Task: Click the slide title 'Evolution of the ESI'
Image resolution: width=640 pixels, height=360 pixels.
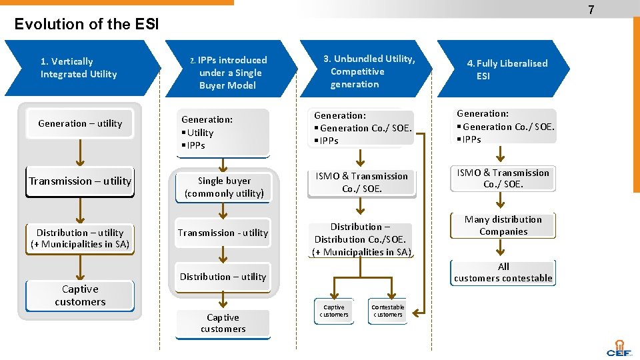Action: (x=87, y=25)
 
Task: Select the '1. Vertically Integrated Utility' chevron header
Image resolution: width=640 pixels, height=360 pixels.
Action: (x=79, y=68)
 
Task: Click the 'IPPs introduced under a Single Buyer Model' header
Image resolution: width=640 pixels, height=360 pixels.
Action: (x=231, y=73)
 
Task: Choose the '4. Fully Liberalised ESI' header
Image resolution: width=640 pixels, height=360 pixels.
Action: (x=507, y=69)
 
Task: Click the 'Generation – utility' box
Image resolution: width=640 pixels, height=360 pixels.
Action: (x=80, y=123)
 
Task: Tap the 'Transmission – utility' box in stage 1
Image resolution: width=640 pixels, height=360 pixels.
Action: (x=80, y=181)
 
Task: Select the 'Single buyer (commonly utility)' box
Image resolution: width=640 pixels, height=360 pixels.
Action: (x=224, y=187)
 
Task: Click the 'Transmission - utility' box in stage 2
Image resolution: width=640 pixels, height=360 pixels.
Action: (x=223, y=233)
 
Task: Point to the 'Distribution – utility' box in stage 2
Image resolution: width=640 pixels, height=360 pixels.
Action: (x=223, y=277)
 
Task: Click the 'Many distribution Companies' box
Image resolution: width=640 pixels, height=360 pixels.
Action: (x=503, y=225)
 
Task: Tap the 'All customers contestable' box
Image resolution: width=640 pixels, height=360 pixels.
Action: (x=503, y=273)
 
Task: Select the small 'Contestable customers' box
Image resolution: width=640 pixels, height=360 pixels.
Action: (x=387, y=311)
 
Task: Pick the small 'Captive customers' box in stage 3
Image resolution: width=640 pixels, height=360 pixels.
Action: (x=333, y=311)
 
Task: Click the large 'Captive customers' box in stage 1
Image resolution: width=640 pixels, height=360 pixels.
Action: (x=80, y=295)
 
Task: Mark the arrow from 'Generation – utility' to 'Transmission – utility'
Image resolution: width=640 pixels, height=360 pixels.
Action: (x=80, y=153)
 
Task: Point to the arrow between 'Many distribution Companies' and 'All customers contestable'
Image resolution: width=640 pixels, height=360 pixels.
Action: (x=503, y=249)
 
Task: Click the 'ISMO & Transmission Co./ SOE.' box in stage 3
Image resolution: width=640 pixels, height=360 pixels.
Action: (x=361, y=182)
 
